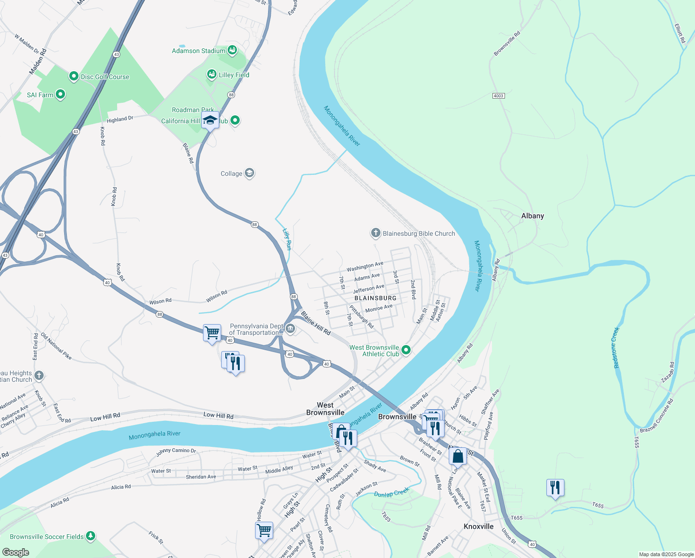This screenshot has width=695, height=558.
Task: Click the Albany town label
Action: tap(532, 216)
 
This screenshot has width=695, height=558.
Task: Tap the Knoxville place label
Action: tap(479, 526)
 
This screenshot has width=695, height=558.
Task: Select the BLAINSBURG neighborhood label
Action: tap(375, 298)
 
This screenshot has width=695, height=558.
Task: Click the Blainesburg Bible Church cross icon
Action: tap(375, 233)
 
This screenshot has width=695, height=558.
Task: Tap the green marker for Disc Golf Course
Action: tap(73, 76)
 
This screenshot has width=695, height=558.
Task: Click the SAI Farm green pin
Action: tap(60, 94)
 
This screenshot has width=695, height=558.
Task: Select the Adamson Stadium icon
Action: tap(232, 50)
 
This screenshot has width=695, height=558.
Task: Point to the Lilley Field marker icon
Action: tap(211, 74)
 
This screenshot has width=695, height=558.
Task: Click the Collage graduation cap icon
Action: tap(249, 173)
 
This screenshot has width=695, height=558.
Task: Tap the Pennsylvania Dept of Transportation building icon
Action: tap(290, 329)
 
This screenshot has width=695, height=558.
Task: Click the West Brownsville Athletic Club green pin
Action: tap(406, 350)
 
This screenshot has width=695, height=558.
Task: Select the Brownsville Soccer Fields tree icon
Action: tap(91, 536)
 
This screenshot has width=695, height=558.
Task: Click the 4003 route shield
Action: tap(498, 96)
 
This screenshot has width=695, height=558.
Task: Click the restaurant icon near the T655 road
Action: tap(555, 488)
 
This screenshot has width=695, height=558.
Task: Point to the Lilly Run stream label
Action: tap(287, 239)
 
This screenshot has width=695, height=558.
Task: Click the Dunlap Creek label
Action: tap(392, 492)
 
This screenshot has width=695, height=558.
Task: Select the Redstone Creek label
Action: tap(616, 348)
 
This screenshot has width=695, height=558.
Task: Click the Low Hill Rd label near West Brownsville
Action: tap(218, 416)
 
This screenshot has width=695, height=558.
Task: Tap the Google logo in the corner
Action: tap(15, 552)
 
